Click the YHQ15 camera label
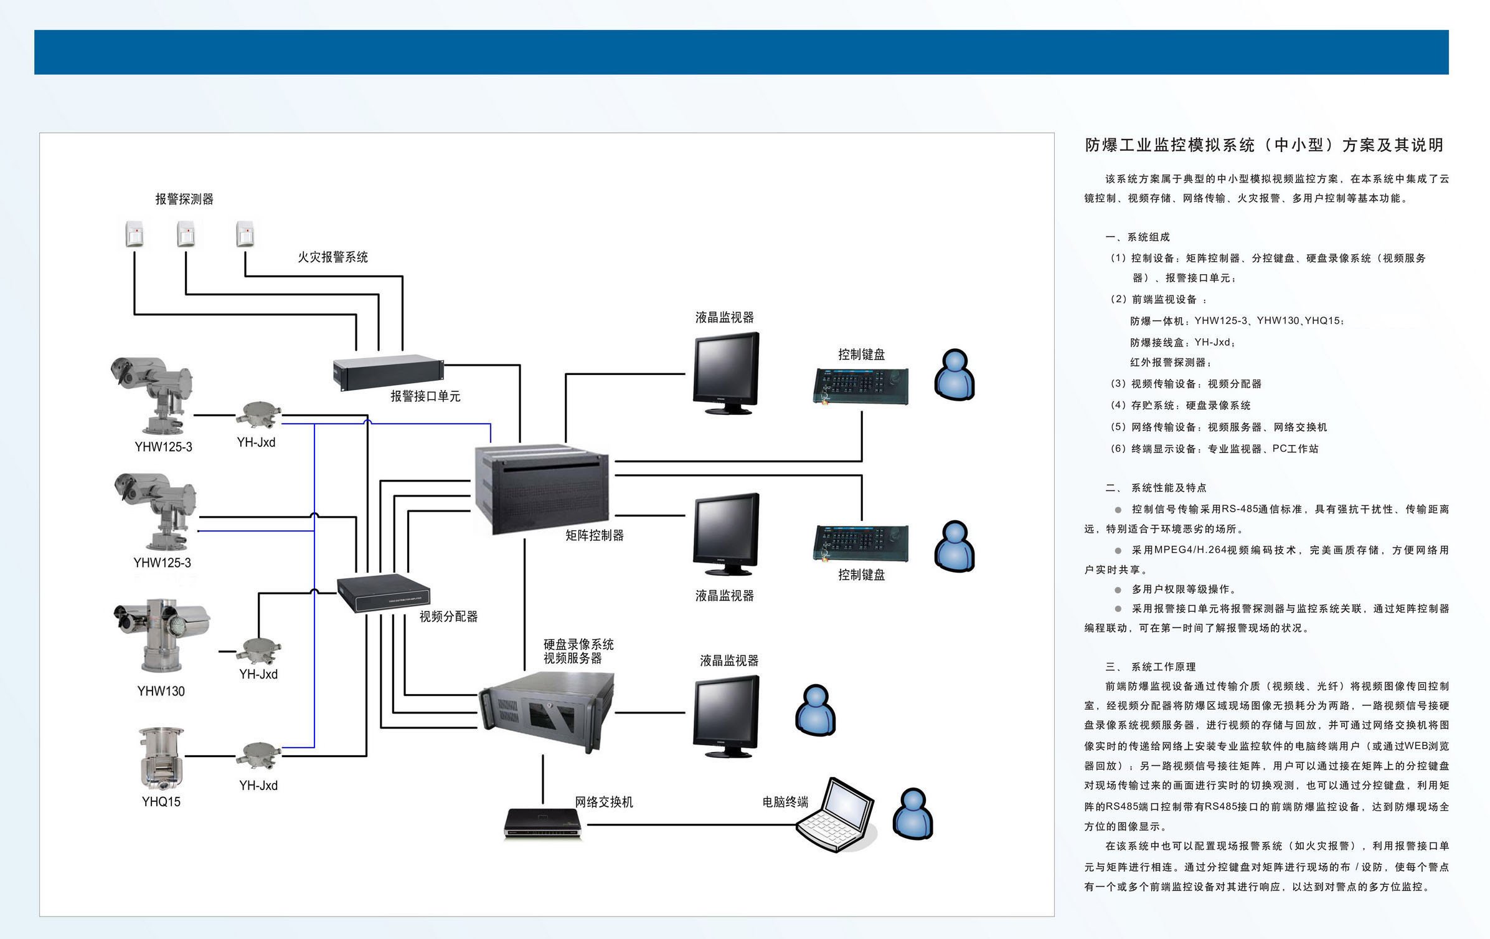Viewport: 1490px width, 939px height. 161,802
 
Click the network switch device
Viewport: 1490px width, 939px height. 542,824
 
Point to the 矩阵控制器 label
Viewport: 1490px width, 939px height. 594,535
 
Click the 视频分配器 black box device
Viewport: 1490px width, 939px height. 383,593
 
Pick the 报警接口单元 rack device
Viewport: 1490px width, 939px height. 387,371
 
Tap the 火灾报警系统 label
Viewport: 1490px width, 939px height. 332,257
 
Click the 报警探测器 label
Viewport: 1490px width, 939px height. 184,199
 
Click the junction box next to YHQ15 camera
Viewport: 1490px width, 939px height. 258,755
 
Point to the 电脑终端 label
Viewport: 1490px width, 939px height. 785,802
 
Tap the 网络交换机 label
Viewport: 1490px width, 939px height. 603,802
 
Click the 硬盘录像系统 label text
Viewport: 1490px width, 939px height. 578,644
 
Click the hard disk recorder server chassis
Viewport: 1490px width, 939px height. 546,712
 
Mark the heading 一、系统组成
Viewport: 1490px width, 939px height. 1138,237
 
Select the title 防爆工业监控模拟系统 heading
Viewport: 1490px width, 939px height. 1263,145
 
